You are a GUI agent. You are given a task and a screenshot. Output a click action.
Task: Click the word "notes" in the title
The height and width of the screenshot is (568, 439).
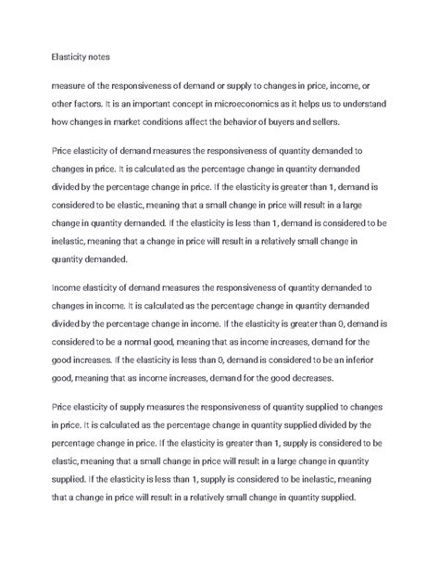coord(95,57)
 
